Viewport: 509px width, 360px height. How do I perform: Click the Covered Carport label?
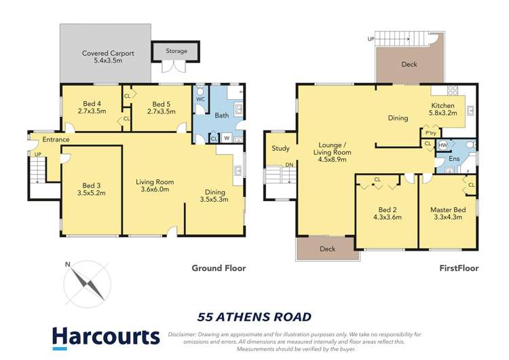click(x=109, y=53)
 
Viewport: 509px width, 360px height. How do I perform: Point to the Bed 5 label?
click(x=161, y=103)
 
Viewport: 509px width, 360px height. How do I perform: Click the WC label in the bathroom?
click(x=200, y=99)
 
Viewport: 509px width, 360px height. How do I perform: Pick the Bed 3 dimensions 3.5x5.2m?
click(x=91, y=193)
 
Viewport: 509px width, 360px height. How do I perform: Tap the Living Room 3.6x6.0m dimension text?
click(x=155, y=190)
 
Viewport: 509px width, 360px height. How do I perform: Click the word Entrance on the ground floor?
click(x=56, y=139)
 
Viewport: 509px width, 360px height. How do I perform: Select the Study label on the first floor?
click(x=281, y=148)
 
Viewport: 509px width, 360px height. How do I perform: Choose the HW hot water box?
click(x=442, y=145)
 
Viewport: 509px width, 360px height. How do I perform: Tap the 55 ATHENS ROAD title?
click(x=254, y=317)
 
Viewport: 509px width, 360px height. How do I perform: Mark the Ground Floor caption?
click(x=219, y=268)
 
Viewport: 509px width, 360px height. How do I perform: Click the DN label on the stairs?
click(x=288, y=165)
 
